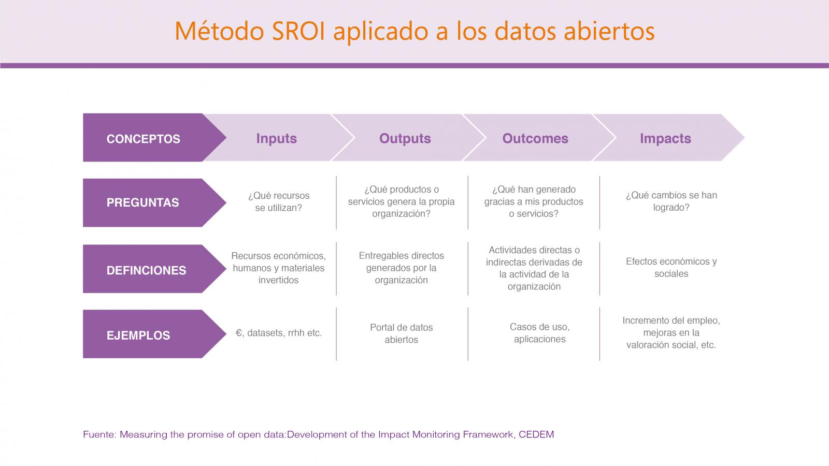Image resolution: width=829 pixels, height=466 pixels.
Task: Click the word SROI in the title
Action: pyautogui.click(x=298, y=31)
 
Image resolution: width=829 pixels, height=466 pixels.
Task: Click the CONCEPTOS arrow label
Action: pyautogui.click(x=143, y=139)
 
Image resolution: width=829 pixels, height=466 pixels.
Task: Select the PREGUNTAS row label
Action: pyautogui.click(x=143, y=202)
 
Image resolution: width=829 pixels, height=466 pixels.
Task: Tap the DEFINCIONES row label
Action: pyautogui.click(x=146, y=270)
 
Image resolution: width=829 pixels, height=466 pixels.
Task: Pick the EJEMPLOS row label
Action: pyautogui.click(x=138, y=336)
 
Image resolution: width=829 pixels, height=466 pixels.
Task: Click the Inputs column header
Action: pyautogui.click(x=277, y=138)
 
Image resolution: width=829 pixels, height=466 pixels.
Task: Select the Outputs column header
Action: pyautogui.click(x=405, y=138)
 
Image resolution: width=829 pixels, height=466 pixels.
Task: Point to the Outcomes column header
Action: pyautogui.click(x=535, y=138)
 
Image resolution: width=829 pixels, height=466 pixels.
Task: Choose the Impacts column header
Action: pyautogui.click(x=665, y=138)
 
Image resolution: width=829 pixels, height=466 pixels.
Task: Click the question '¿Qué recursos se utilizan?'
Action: pyautogui.click(x=279, y=201)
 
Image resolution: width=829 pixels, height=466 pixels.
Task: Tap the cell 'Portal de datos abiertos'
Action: pyautogui.click(x=401, y=333)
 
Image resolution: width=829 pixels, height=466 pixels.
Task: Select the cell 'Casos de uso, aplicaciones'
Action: pyautogui.click(x=539, y=333)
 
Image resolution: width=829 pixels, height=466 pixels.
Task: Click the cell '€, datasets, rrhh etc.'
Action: pyautogui.click(x=279, y=333)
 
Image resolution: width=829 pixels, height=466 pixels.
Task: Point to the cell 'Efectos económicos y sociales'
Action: pyautogui.click(x=671, y=267)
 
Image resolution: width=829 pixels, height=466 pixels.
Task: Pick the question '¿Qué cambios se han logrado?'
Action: pyautogui.click(x=671, y=201)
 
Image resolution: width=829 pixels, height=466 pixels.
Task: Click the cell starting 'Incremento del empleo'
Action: pyautogui.click(x=671, y=332)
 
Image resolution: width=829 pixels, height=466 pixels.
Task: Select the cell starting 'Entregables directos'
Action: pyautogui.click(x=401, y=268)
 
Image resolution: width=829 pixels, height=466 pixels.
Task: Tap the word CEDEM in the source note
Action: pyautogui.click(x=536, y=434)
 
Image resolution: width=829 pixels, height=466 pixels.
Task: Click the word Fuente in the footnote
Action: pyautogui.click(x=99, y=434)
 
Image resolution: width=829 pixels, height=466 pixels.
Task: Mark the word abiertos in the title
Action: pyautogui.click(x=609, y=31)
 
